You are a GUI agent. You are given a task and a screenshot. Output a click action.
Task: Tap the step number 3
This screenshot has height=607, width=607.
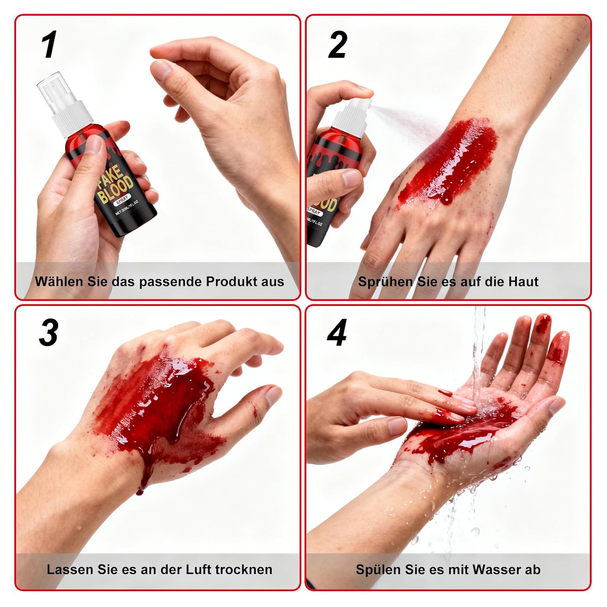pos(49,333)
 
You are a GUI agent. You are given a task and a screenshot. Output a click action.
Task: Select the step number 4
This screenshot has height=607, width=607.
pos(337,333)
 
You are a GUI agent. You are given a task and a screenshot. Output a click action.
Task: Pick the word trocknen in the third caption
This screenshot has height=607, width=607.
pos(244,569)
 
